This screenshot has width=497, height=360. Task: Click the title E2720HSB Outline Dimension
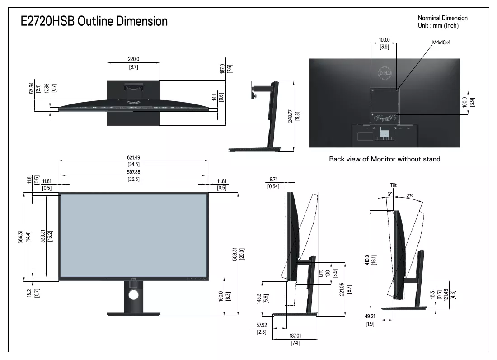[94, 21]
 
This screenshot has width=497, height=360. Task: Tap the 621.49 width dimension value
[133, 157]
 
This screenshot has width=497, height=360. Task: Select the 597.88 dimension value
[133, 172]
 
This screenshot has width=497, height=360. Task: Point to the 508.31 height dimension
[234, 254]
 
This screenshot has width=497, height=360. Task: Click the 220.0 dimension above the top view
[133, 59]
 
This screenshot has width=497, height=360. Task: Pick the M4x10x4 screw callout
[441, 42]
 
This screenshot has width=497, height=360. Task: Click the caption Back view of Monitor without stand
[384, 159]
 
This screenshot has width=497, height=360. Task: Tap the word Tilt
[394, 185]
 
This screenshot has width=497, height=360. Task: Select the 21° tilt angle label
[410, 196]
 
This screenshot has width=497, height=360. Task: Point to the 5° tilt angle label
[390, 194]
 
